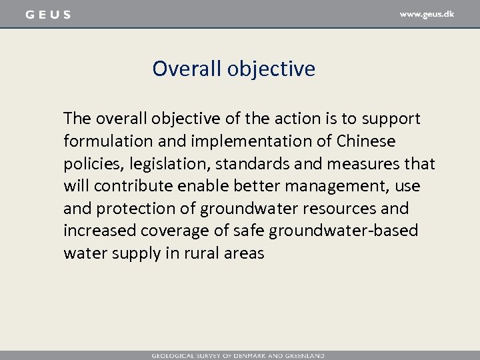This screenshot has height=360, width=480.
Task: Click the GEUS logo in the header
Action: [x=47, y=15]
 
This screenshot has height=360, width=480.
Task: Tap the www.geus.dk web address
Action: [x=426, y=14]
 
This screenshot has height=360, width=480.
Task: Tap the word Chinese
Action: [x=365, y=141]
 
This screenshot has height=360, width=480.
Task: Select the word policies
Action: [x=90, y=164]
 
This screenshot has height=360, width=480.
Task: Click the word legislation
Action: [x=160, y=164]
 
